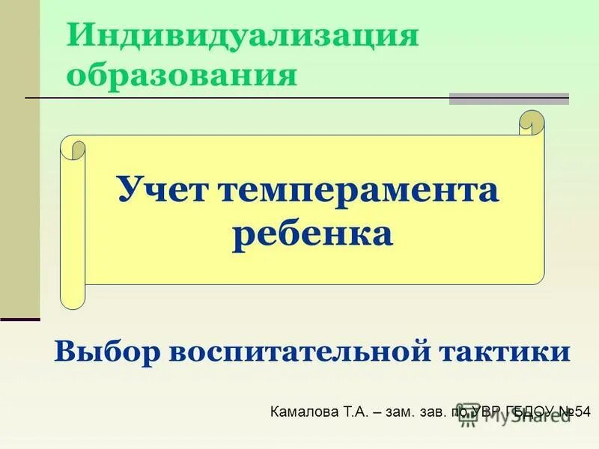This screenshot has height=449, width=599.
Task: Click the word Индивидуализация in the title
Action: click(x=243, y=36)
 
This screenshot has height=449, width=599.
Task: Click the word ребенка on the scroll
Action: click(x=312, y=234)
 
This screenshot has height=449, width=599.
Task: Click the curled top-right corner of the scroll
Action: click(x=531, y=123)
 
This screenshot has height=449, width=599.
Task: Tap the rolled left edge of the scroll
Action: click(x=73, y=224)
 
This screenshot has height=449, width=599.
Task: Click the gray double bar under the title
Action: click(x=508, y=98)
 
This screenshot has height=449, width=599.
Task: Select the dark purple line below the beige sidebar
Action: click(x=19, y=320)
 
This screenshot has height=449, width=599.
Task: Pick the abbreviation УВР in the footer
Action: click(x=487, y=412)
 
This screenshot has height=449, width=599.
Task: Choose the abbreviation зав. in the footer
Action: click(x=443, y=412)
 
